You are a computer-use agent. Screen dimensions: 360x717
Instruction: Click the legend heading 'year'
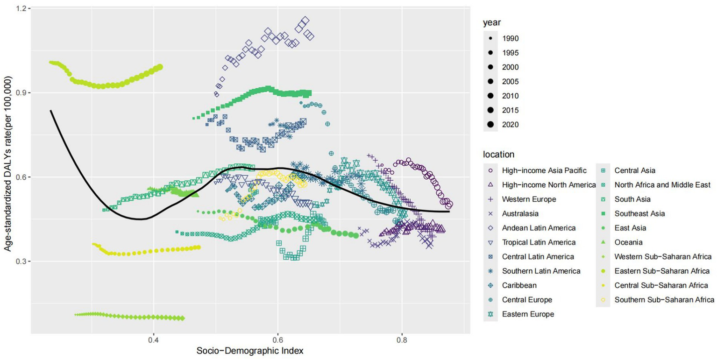coord(492,22)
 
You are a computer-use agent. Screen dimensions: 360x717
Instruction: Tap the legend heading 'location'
coord(498,154)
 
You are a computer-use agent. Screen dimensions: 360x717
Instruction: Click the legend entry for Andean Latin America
coord(539,228)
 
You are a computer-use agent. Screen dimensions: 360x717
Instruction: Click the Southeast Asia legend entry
coord(639,213)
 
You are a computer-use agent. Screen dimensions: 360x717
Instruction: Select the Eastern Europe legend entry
coord(528,314)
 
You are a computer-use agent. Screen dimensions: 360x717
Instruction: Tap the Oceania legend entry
coord(629,242)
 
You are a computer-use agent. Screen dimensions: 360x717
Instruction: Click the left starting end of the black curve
coord(50,111)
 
